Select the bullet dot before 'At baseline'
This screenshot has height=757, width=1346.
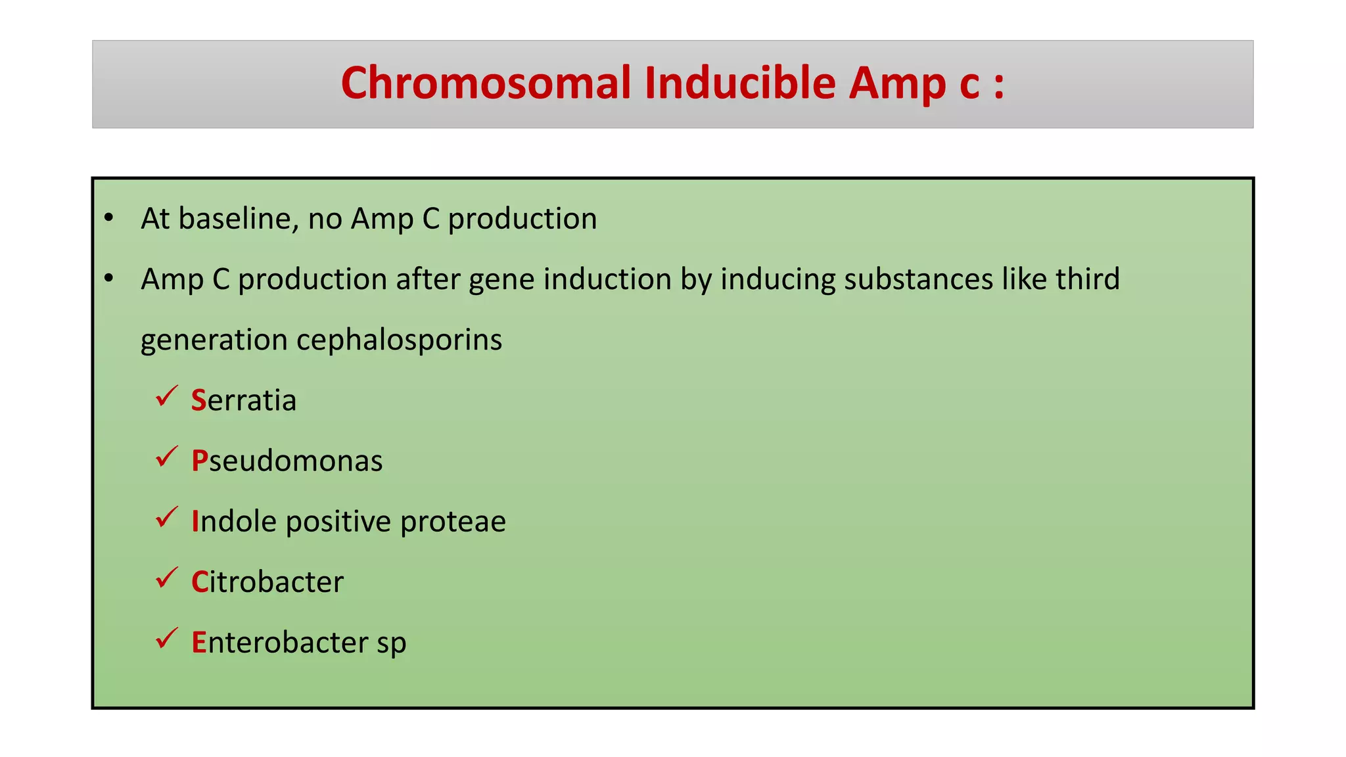(109, 218)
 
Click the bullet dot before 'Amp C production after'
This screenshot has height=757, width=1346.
(109, 278)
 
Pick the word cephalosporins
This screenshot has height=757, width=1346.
(399, 340)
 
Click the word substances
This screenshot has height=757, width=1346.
(918, 279)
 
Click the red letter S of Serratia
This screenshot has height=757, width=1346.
(198, 400)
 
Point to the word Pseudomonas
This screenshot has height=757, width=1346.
(287, 461)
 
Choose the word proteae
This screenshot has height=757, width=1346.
(453, 522)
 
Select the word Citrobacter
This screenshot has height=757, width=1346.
(267, 582)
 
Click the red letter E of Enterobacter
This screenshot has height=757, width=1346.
(198, 643)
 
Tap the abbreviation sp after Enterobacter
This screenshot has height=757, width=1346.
(391, 644)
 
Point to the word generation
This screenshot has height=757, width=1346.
(214, 340)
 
